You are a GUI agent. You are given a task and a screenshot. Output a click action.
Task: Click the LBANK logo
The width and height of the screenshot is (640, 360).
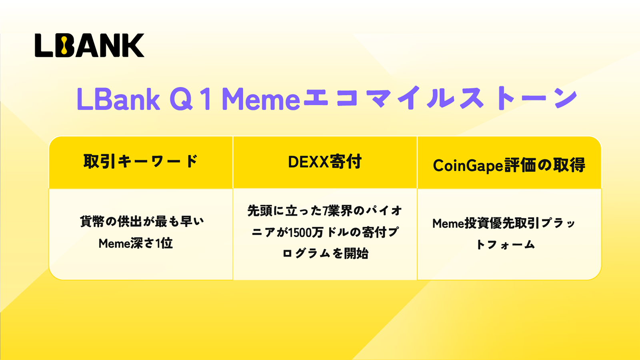(90, 46)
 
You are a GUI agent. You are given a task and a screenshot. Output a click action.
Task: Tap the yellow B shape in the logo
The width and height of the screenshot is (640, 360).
(64, 46)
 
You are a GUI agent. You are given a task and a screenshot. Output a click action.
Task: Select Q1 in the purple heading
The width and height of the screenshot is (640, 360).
(190, 99)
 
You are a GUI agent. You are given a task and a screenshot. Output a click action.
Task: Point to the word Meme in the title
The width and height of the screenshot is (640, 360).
(261, 99)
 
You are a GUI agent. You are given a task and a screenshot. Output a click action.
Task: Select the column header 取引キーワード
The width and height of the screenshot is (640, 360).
(140, 162)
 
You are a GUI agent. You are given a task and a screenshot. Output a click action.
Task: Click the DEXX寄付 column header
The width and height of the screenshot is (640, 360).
(325, 162)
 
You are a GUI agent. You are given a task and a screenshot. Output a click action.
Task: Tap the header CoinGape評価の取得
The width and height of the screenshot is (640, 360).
(509, 165)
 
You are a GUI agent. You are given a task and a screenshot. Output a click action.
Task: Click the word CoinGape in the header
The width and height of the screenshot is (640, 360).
(468, 166)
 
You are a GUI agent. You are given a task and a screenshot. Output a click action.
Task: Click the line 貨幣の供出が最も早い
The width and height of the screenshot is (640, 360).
(142, 222)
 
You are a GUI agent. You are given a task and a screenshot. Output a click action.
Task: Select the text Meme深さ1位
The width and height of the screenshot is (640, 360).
(136, 244)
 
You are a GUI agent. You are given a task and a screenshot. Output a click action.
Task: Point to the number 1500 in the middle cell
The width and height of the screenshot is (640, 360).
(300, 232)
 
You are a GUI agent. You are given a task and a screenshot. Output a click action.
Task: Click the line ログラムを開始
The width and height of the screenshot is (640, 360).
(325, 254)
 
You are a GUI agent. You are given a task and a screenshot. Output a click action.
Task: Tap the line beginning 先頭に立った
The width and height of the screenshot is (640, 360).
(325, 211)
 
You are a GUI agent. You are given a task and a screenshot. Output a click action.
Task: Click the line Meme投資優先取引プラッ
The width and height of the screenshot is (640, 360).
(504, 224)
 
